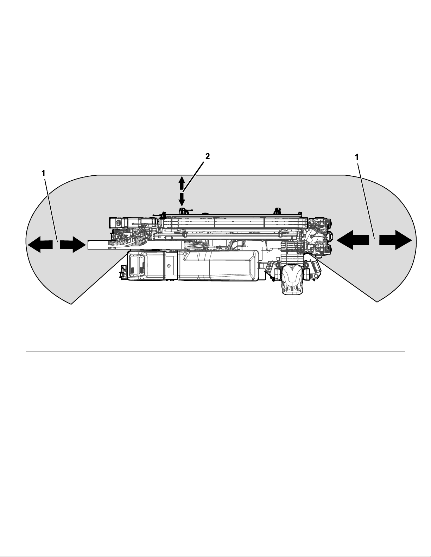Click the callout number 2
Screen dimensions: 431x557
[x=208, y=157]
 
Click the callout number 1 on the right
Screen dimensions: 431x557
[x=357, y=157]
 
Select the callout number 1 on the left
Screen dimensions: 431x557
[x=43, y=173]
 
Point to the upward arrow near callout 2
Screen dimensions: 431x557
[x=182, y=183]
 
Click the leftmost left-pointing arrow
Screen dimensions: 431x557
[x=40, y=244]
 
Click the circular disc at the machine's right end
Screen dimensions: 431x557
[x=312, y=237]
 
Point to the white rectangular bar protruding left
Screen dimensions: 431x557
[x=102, y=244]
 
